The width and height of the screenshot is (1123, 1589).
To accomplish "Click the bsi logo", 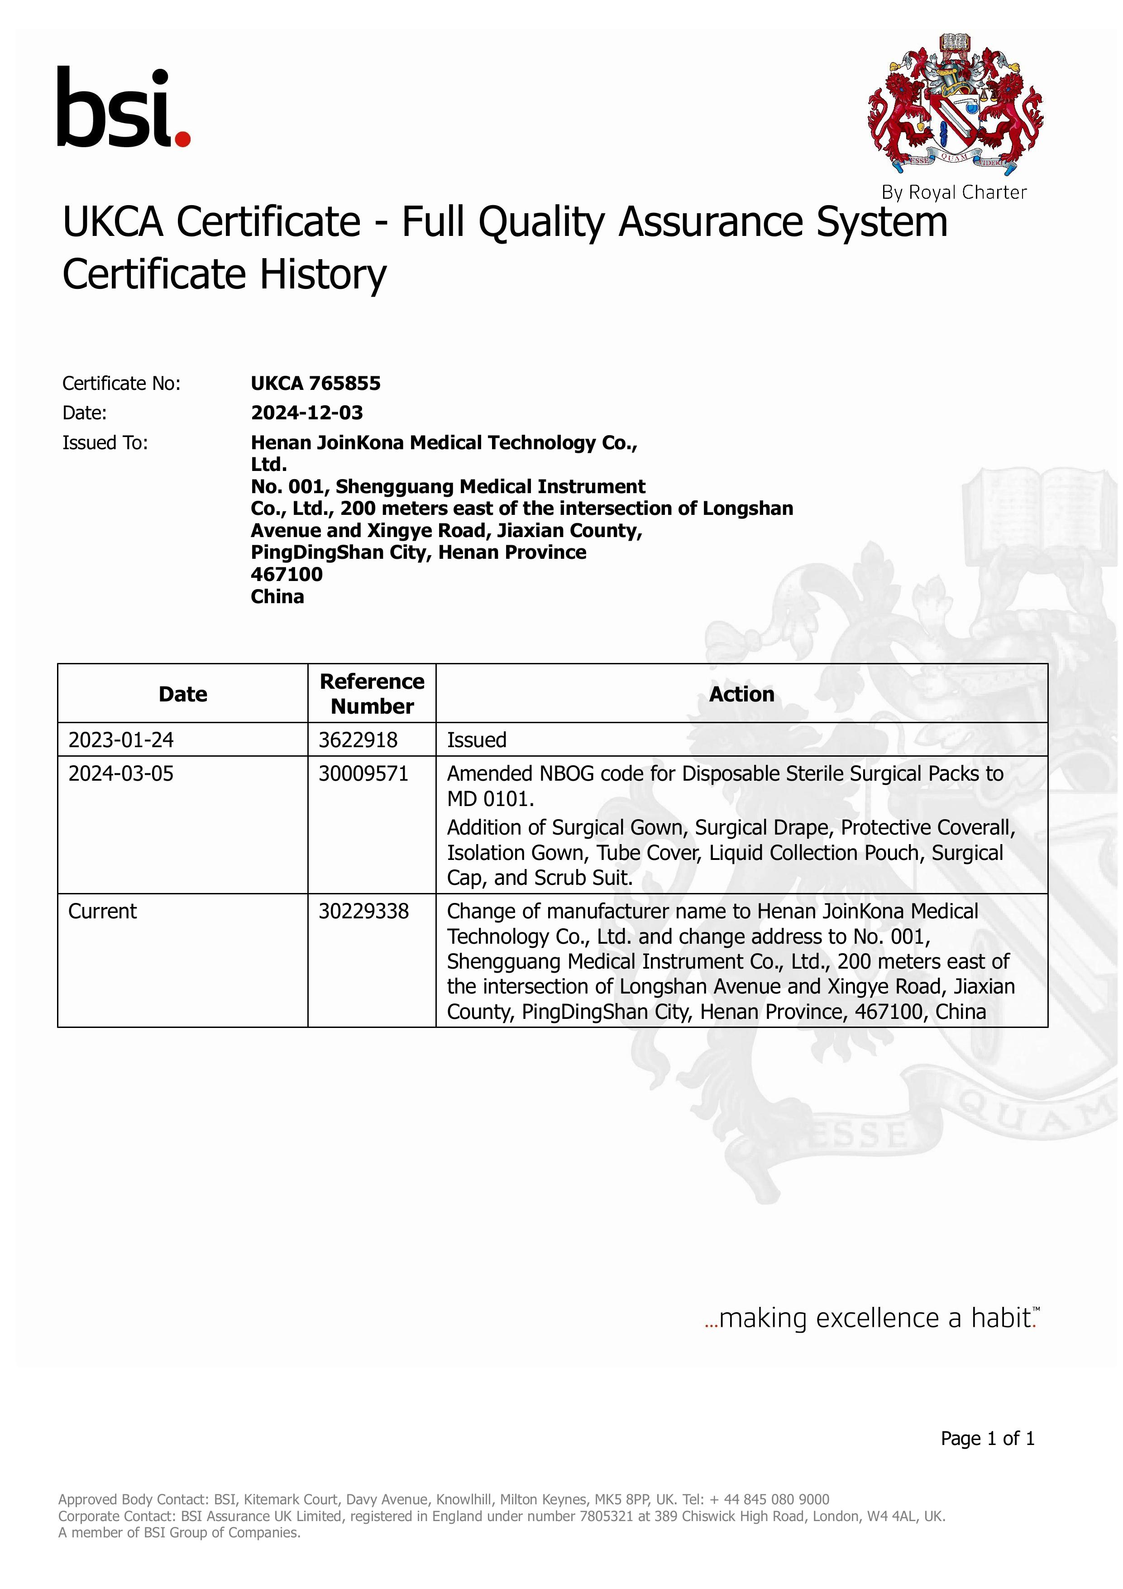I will pos(123,108).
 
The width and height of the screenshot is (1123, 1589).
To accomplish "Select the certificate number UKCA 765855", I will pos(315,384).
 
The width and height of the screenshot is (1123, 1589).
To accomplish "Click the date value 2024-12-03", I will pos(306,413).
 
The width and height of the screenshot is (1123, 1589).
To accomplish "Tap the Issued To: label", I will pos(105,442).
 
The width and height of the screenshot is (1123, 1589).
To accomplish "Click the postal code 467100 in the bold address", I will pos(287,574).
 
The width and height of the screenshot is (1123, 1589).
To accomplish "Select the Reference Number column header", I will pos(372,693).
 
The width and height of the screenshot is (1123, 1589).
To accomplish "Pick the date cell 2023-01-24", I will pos(121,740).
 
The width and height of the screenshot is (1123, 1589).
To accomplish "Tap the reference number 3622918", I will pos(358,740).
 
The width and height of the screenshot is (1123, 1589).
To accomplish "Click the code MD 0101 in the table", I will pos(489,799).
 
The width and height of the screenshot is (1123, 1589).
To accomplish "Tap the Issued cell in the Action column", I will pos(477,740).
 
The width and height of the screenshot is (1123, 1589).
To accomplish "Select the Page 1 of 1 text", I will pos(987,1438).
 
